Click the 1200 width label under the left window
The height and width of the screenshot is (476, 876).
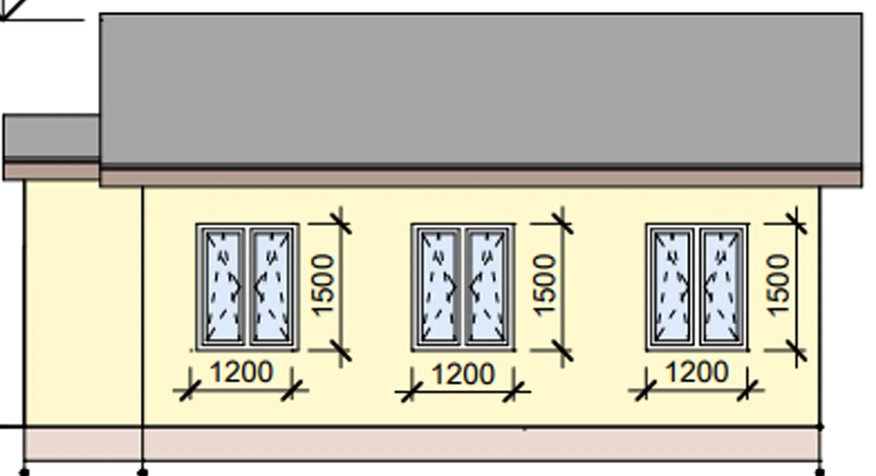(241, 372)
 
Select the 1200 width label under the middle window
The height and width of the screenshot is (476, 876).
(463, 374)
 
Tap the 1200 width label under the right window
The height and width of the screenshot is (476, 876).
(697, 372)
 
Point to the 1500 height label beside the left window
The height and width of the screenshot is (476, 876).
(323, 285)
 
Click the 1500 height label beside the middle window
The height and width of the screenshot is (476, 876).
(544, 285)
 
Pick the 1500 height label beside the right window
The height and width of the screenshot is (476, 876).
(778, 285)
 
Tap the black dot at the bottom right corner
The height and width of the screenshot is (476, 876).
(819, 472)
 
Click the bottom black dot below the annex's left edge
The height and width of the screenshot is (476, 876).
(25, 472)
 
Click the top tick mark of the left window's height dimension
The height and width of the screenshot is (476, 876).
(341, 223)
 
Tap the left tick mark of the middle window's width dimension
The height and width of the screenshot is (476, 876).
(412, 392)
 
